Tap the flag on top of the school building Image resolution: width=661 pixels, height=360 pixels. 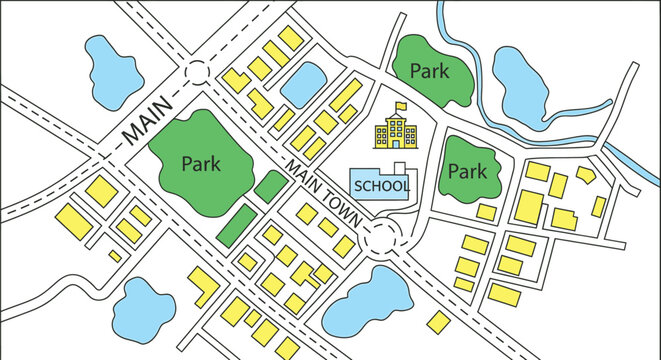[401, 103]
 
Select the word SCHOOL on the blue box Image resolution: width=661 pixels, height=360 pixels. [381, 186]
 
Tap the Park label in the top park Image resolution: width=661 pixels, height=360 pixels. [431, 72]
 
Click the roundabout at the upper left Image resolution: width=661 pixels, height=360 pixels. [195, 73]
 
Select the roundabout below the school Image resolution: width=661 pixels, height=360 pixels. [381, 236]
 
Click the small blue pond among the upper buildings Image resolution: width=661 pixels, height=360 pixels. [301, 85]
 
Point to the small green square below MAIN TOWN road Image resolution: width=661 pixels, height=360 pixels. [268, 186]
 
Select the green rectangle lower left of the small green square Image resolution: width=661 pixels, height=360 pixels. [236, 224]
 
